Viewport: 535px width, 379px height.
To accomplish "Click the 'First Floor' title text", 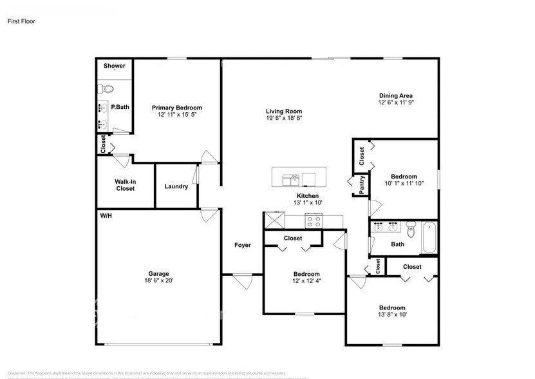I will (21, 21).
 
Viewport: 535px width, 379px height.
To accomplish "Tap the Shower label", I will (115, 66).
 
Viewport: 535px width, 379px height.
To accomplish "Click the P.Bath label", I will (120, 107).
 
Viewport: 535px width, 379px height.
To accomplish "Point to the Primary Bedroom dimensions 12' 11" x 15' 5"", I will (176, 115).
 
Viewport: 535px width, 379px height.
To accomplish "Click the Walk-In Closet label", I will (126, 185).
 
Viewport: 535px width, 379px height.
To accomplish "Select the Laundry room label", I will (176, 187).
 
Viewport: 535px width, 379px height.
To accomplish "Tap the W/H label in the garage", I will (106, 215).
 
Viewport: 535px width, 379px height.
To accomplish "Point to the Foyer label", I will (242, 245).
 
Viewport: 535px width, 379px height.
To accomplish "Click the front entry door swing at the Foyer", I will (243, 281).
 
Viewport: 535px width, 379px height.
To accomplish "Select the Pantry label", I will (362, 185).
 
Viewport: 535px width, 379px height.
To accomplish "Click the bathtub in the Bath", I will (429, 237).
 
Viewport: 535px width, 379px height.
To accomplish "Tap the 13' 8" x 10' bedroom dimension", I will (391, 315).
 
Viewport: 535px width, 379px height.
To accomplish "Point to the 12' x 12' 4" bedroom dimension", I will (306, 282).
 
